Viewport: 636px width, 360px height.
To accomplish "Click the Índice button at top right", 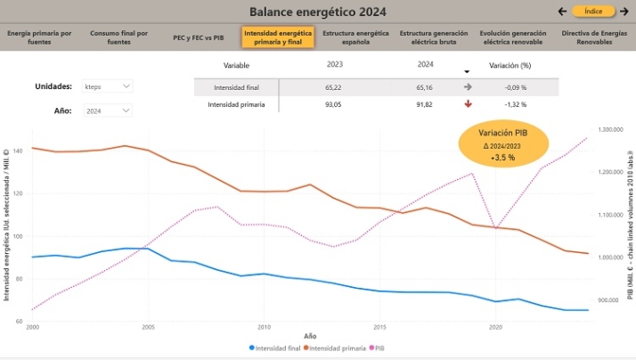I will tap(594, 12).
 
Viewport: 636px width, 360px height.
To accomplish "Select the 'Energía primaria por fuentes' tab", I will tap(39, 37).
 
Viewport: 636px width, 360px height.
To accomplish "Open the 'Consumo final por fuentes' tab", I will tap(118, 37).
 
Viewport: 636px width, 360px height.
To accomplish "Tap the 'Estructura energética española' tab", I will tap(355, 37).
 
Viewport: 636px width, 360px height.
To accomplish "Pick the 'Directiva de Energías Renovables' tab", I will tap(594, 37).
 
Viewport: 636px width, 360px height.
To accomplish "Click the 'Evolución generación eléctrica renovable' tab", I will tap(513, 37).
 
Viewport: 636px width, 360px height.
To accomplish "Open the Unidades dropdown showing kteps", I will tap(107, 86).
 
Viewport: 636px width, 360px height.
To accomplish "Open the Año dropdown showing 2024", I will tap(107, 110).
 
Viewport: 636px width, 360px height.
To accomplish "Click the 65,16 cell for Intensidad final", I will tap(425, 87).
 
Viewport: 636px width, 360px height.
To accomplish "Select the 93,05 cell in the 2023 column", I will tap(335, 104).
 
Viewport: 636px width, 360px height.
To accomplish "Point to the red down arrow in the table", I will tap(468, 104).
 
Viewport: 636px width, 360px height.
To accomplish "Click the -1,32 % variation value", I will tap(510, 104).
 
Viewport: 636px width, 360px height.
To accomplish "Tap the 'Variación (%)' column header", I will tap(510, 66).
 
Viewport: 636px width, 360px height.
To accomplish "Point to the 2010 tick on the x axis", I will tap(264, 327).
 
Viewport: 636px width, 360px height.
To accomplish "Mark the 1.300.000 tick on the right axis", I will tap(609, 130).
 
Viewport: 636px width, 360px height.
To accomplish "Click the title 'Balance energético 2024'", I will tap(317, 12).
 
